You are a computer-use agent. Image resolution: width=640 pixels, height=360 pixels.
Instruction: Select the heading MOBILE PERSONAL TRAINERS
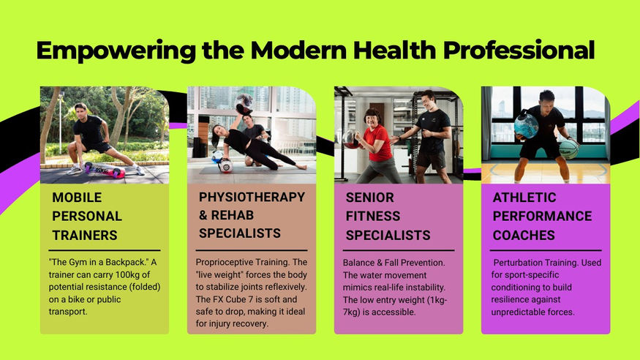click(87, 217)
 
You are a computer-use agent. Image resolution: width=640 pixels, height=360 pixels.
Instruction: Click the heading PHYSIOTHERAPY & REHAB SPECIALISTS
click(252, 216)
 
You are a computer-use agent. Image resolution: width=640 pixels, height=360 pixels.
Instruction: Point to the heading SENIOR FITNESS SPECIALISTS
click(388, 217)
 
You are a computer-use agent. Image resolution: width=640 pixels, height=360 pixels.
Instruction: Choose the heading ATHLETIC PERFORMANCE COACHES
click(542, 217)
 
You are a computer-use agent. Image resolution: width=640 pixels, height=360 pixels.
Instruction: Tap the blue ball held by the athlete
click(526, 127)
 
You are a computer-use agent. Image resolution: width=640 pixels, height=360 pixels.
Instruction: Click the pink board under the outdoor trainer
click(103, 170)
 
